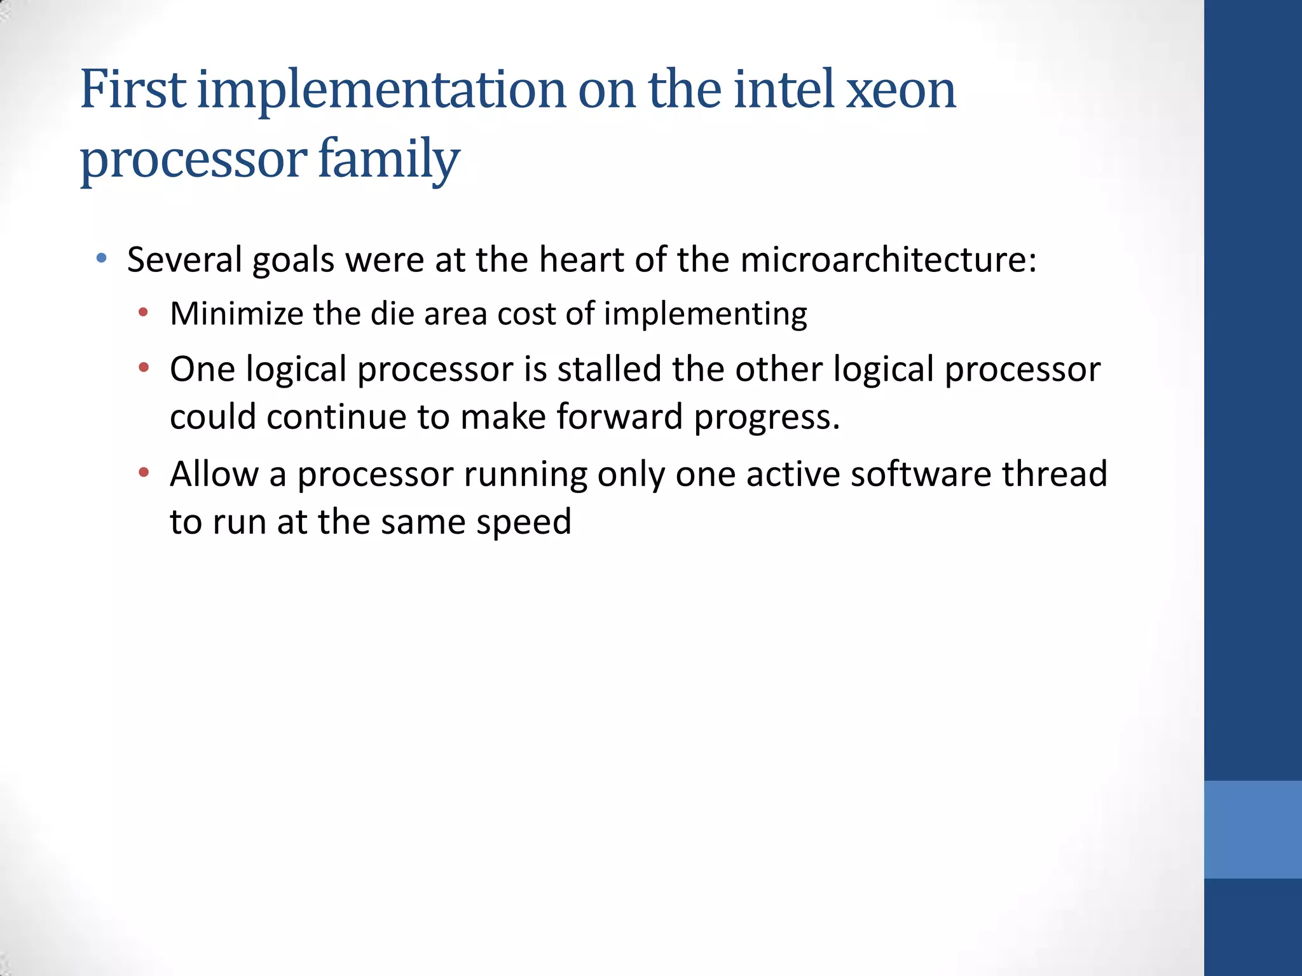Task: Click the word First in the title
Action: pyautogui.click(x=134, y=90)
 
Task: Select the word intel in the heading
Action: pyautogui.click(x=783, y=90)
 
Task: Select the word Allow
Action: pyautogui.click(x=214, y=474)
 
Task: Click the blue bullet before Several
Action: pyautogui.click(x=101, y=259)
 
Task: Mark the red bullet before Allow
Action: pyautogui.click(x=144, y=472)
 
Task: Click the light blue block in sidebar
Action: pyautogui.click(x=1252, y=829)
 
